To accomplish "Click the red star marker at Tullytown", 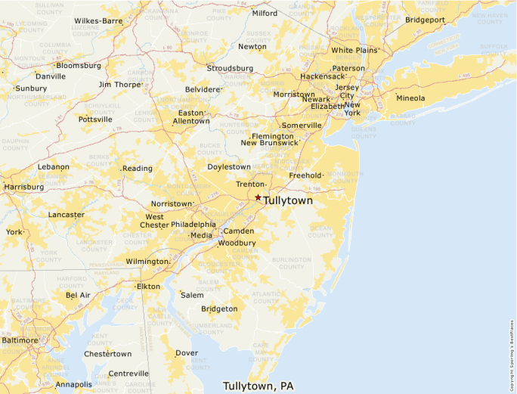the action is tap(258, 197).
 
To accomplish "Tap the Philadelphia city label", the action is tap(193, 225).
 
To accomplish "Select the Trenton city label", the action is tap(249, 185).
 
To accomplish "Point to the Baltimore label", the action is tap(19, 340).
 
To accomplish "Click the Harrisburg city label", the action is tap(23, 186).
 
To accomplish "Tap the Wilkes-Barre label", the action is tap(98, 20).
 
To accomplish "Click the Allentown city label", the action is tap(191, 121).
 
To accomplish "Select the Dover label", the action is tap(187, 353).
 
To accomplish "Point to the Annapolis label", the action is tap(73, 384).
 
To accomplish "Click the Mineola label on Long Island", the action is tap(410, 98).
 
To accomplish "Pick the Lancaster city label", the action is tap(66, 215).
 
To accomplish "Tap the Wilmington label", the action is tap(147, 262).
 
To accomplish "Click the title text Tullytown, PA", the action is tap(258, 386).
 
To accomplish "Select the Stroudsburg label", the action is tap(230, 67).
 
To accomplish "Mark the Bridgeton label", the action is tap(219, 309).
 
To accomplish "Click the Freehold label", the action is tap(305, 175).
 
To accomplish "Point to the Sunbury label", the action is tap(30, 88).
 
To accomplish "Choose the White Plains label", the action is tap(354, 51).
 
